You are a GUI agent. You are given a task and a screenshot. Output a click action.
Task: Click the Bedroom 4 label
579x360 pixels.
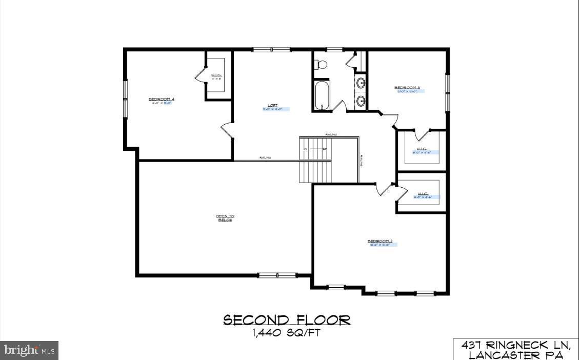(158, 98)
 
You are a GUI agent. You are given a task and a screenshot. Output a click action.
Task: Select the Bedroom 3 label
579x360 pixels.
(407, 88)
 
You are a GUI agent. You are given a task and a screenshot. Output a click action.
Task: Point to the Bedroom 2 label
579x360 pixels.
(380, 241)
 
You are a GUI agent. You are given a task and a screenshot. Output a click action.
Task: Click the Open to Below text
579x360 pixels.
(225, 217)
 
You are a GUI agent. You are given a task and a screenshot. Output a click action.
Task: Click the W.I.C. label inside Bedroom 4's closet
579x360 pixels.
(216, 76)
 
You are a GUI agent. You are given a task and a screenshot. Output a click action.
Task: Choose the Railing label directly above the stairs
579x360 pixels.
(331, 134)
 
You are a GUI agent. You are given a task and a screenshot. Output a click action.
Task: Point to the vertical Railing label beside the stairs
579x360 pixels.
(362, 161)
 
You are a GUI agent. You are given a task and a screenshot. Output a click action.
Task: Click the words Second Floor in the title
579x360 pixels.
(287, 321)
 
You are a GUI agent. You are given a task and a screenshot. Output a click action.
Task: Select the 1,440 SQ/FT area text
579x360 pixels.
(287, 333)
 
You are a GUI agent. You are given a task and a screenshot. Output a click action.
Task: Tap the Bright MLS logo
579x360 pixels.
(29, 350)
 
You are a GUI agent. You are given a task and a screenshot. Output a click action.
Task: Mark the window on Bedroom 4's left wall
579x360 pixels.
(125, 99)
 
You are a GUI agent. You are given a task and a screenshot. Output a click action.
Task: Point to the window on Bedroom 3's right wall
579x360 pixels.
(447, 92)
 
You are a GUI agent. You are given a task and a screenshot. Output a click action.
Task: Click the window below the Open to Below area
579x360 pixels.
(277, 275)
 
